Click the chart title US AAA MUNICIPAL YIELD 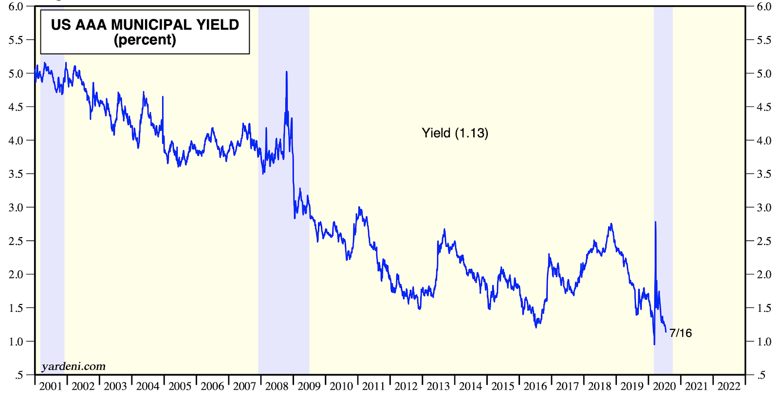(145, 24)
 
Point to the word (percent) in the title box (145, 40)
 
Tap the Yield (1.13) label (455, 133)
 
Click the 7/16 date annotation (681, 333)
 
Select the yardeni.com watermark (74, 366)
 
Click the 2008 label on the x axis (277, 386)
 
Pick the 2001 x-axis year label (51, 386)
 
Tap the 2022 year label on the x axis (729, 386)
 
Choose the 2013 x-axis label (438, 386)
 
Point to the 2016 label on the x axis (535, 386)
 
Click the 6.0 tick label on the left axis (16, 6)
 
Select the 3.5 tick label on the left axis (16, 174)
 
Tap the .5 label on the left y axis (19, 375)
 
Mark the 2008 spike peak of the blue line (286, 72)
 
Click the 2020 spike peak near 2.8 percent (655, 222)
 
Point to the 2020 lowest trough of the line (654, 344)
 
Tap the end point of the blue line (666, 332)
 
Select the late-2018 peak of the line (611, 224)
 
